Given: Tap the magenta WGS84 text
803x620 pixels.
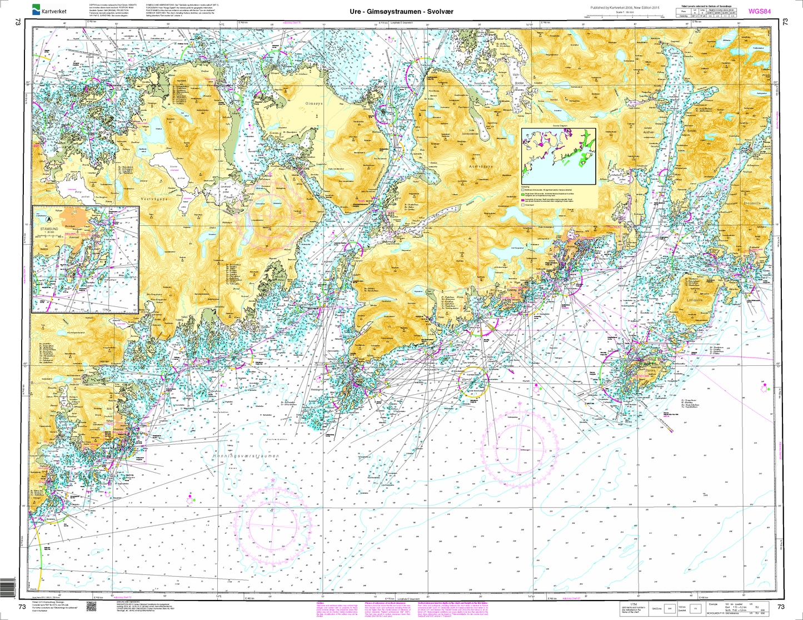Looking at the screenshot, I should click(x=759, y=11).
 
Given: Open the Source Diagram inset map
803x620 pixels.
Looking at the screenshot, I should click(x=557, y=151).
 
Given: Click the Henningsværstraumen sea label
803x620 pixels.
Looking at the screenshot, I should click(x=245, y=456).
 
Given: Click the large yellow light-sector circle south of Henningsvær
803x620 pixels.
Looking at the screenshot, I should click(x=473, y=381).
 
